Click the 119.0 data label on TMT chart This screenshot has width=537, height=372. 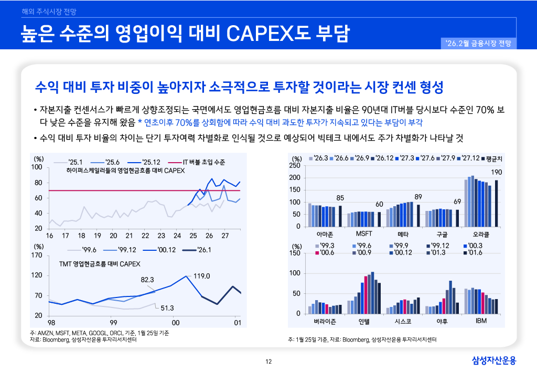pyautogui.click(x=202, y=275)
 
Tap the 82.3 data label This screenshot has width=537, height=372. pyautogui.click(x=147, y=279)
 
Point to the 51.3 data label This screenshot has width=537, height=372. pyautogui.click(x=167, y=308)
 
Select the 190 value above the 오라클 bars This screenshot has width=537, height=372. pyautogui.click(x=496, y=173)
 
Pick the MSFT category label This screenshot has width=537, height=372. pyautogui.click(x=364, y=233)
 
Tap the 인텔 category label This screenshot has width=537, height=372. pyautogui.click(x=364, y=320)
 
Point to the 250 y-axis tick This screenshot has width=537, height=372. pyautogui.click(x=295, y=166)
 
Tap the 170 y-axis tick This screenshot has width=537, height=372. pyautogui.click(x=37, y=256)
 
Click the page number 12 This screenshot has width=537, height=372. pyautogui.click(x=269, y=361)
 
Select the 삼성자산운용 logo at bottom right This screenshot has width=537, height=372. pyautogui.click(x=493, y=360)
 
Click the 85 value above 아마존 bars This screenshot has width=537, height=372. pyautogui.click(x=340, y=198)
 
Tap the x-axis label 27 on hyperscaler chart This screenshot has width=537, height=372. pyautogui.click(x=224, y=236)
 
